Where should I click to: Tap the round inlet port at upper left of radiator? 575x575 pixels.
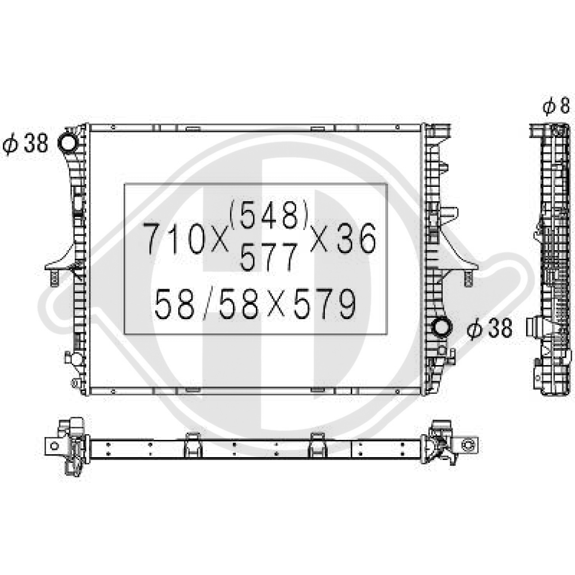pyautogui.click(x=68, y=142)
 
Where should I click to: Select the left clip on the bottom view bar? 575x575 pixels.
pyautogui.click(x=191, y=444)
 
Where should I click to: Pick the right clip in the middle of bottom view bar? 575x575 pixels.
pyautogui.click(x=317, y=444)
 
